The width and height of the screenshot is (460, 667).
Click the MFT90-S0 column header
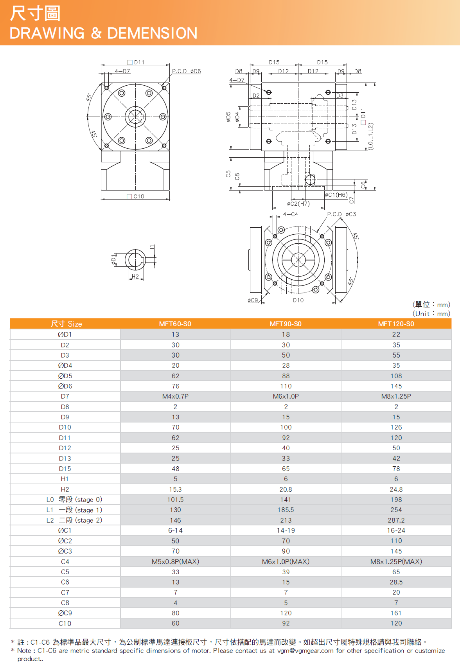286,324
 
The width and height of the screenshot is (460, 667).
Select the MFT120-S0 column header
396,324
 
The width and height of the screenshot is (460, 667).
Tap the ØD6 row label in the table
65,386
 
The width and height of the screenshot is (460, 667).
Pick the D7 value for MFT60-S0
175,396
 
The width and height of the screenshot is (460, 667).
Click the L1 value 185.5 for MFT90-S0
286,510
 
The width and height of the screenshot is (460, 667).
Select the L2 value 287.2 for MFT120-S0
396,520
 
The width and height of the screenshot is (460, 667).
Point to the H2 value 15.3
175,489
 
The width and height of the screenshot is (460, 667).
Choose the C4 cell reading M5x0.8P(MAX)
175,562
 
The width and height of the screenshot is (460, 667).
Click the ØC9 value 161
396,613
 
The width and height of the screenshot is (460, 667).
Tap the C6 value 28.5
396,582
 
